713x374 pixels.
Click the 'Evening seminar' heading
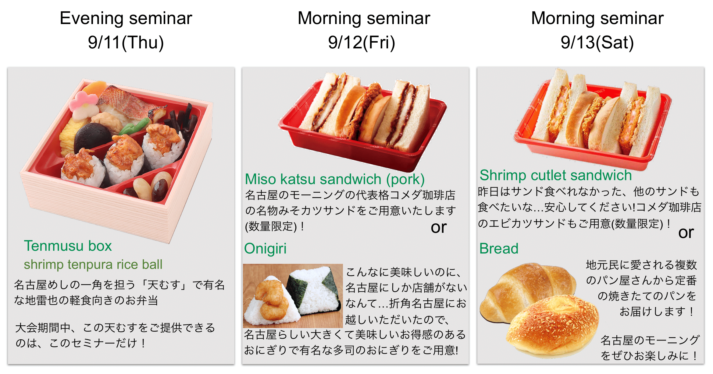(126, 18)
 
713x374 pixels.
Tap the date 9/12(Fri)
(362, 42)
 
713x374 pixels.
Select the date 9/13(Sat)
(597, 42)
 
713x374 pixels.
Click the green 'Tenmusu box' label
(68, 246)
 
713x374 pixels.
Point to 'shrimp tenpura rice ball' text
(93, 264)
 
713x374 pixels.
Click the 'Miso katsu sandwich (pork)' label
(335, 179)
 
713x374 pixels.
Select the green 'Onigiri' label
(265, 249)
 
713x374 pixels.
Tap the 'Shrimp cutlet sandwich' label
(555, 175)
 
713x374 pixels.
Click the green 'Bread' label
(499, 249)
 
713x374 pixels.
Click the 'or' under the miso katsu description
(439, 227)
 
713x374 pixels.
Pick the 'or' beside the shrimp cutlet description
(686, 233)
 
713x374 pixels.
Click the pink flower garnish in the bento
(83, 103)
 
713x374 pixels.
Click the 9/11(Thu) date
(126, 42)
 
